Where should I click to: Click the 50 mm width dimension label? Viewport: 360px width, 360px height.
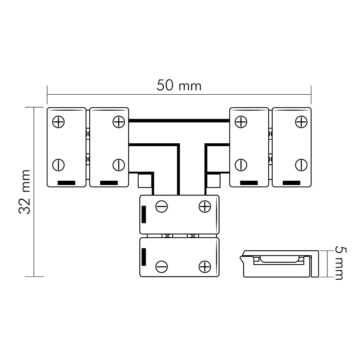point(179,85)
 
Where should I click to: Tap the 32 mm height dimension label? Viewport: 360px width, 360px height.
point(24,192)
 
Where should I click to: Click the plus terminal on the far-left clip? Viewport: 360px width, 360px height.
point(59,122)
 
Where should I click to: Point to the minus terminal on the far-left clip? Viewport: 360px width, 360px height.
point(59,165)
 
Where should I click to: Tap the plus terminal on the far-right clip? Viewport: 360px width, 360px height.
point(301,122)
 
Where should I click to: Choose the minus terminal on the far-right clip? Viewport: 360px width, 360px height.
point(301,165)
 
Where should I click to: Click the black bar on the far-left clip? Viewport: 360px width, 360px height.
point(66,183)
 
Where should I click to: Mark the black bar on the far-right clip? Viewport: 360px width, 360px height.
point(291,183)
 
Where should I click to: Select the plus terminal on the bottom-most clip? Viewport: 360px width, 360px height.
point(205,267)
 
